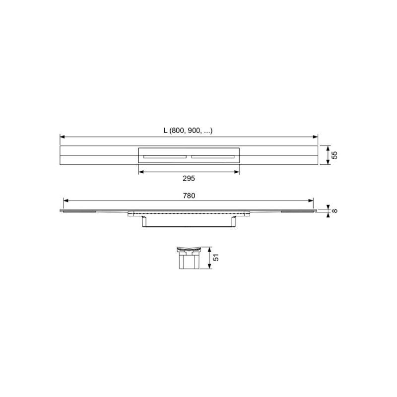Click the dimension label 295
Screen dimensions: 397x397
click(x=189, y=179)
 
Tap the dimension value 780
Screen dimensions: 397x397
click(x=189, y=196)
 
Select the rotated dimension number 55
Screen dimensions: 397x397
click(x=334, y=155)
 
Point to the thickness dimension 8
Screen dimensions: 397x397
click(x=334, y=210)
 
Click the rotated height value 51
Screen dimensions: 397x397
click(x=216, y=258)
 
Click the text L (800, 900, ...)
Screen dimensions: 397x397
click(x=188, y=131)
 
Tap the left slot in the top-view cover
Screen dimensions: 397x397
click(x=165, y=157)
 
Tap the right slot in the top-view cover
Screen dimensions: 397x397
click(x=213, y=157)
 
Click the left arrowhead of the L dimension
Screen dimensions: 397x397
click(x=63, y=137)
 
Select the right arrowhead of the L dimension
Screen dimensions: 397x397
click(x=315, y=137)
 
